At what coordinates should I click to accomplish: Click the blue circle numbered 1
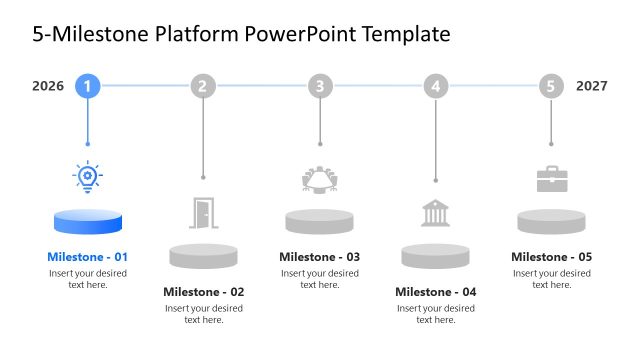(x=88, y=86)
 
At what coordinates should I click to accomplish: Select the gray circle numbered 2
(x=204, y=86)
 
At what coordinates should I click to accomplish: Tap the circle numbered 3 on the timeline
(x=320, y=86)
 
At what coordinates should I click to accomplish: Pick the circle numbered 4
(x=436, y=86)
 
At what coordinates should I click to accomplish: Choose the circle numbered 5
(x=551, y=86)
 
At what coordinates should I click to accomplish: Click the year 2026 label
(x=48, y=86)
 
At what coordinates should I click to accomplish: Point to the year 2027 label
(x=592, y=86)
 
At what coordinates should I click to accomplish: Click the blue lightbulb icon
(x=88, y=177)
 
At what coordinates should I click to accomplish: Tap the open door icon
(x=204, y=212)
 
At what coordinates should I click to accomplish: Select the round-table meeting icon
(x=320, y=179)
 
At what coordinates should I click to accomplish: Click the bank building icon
(x=435, y=213)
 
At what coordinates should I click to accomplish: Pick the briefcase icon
(x=551, y=179)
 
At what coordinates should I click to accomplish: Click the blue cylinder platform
(x=88, y=223)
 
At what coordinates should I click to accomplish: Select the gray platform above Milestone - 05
(x=551, y=222)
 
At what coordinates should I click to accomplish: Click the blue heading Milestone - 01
(x=88, y=257)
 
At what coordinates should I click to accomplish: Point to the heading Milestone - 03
(x=320, y=257)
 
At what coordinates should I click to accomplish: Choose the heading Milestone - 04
(x=436, y=292)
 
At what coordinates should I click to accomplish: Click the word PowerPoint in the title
(x=306, y=35)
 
